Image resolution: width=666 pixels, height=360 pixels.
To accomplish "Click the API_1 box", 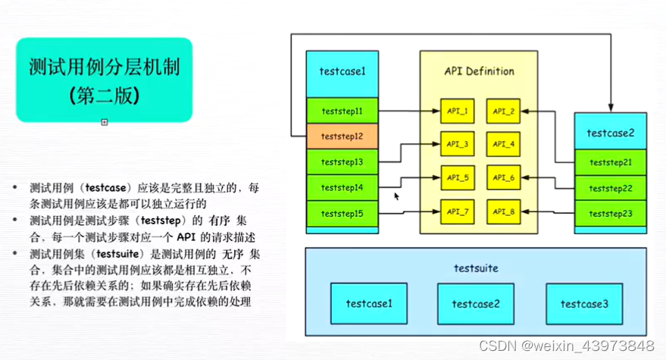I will pyautogui.click(x=457, y=111).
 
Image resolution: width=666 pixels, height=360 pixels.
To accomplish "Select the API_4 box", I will pyautogui.click(x=503, y=144).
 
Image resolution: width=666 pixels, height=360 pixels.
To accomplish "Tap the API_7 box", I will pyautogui.click(x=457, y=209).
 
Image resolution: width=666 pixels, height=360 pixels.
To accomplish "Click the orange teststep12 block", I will pyautogui.click(x=342, y=136).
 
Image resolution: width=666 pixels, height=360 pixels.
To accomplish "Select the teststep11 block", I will pyautogui.click(x=342, y=111).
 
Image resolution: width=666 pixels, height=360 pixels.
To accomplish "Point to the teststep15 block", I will pyautogui.click(x=342, y=214).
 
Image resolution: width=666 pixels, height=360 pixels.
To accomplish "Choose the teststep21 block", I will pyautogui.click(x=610, y=162).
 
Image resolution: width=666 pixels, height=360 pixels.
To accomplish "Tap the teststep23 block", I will pyautogui.click(x=610, y=214).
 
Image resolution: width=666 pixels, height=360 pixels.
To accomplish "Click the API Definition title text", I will pyautogui.click(x=478, y=71).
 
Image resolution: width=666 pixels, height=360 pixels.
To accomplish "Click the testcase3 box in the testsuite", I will pyautogui.click(x=584, y=304).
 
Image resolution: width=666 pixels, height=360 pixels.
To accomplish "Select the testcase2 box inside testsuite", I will pyautogui.click(x=477, y=304).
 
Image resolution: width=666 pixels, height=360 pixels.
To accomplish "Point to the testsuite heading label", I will pyautogui.click(x=476, y=268).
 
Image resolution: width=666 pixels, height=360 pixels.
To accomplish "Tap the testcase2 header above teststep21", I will pyautogui.click(x=610, y=133).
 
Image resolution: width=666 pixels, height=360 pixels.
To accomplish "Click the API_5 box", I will pyautogui.click(x=457, y=178).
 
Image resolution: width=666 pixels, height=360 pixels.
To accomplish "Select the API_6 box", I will pyautogui.click(x=503, y=178).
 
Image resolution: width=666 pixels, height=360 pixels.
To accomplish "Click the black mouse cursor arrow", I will pyautogui.click(x=396, y=196).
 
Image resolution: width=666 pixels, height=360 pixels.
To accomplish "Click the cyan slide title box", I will pyautogui.click(x=103, y=81).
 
